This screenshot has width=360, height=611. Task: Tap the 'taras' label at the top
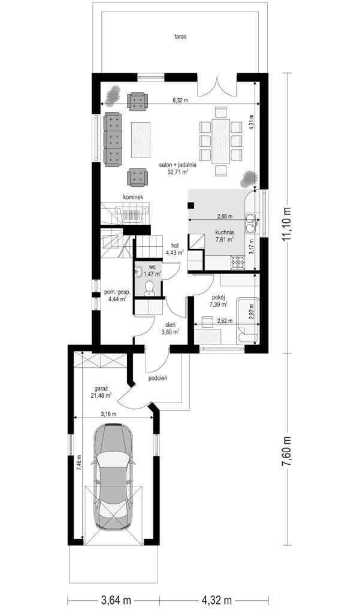pyautogui.click(x=181, y=37)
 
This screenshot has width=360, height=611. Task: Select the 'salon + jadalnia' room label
pyautogui.click(x=177, y=165)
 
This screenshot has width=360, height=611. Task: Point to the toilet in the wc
pyautogui.click(x=148, y=287)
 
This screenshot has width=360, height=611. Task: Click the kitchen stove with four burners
pyautogui.click(x=237, y=262)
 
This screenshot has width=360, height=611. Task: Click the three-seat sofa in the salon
pyautogui.click(x=113, y=140)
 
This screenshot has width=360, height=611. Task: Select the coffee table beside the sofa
pyautogui.click(x=141, y=140)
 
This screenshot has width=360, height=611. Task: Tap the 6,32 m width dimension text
pyautogui.click(x=180, y=101)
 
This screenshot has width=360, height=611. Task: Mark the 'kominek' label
pyautogui.click(x=133, y=198)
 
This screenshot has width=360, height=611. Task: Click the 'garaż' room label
pyautogui.click(x=101, y=388)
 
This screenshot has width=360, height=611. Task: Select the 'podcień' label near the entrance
pyautogui.click(x=158, y=378)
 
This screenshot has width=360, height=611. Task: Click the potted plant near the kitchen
pyautogui.click(x=249, y=180)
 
